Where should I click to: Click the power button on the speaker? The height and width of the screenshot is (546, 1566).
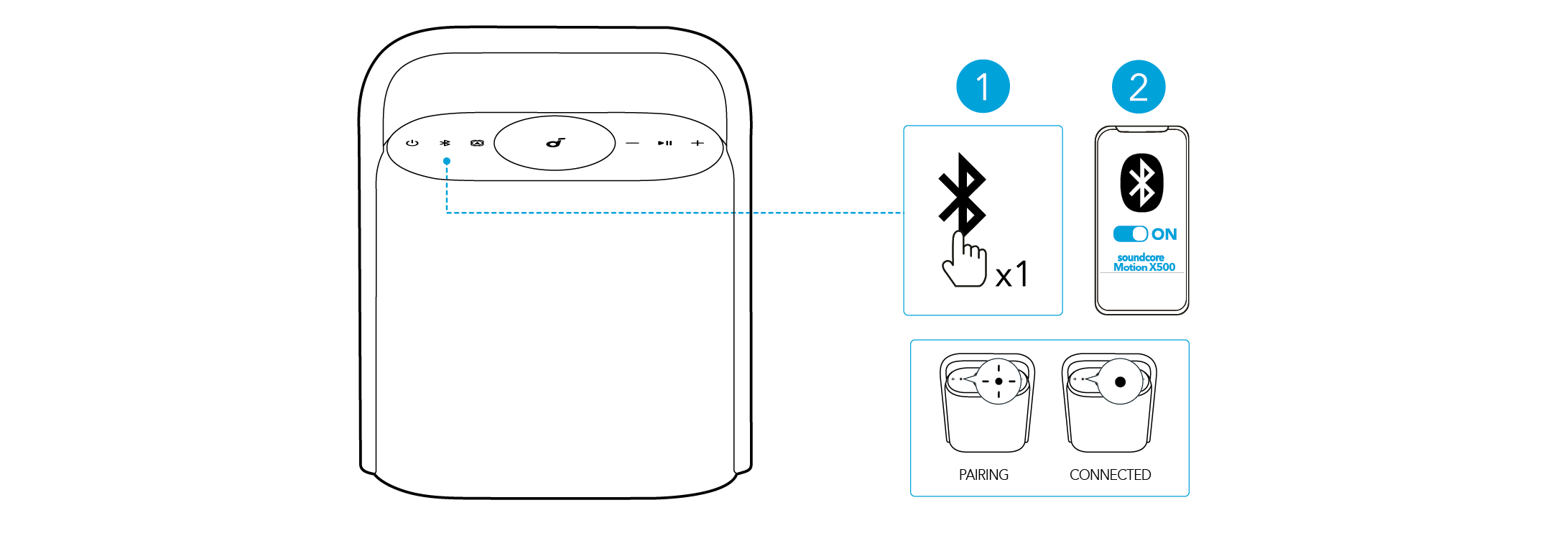click(412, 143)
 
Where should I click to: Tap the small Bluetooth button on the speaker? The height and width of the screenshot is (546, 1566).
click(445, 143)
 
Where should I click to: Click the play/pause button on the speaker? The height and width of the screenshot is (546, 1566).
click(665, 143)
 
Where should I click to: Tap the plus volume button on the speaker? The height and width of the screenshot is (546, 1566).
click(697, 143)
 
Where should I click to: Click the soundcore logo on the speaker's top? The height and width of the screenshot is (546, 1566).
click(555, 142)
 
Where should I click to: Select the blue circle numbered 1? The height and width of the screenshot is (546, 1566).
click(983, 87)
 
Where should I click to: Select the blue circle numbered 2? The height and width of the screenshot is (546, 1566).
click(1139, 87)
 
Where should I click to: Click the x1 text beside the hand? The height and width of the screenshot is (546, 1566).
click(1012, 274)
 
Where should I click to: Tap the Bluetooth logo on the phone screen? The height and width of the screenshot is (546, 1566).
click(1141, 182)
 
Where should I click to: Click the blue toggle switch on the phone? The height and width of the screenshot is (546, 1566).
click(1131, 234)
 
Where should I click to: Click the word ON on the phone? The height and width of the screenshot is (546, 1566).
click(1164, 234)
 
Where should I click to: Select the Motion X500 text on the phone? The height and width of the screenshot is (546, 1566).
click(1144, 267)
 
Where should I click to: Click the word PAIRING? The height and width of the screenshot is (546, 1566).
click(983, 475)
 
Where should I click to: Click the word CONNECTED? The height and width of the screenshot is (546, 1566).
click(1110, 475)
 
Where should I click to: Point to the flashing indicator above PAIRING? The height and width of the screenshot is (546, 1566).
click(999, 381)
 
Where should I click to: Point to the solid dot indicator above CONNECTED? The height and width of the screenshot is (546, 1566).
click(1120, 381)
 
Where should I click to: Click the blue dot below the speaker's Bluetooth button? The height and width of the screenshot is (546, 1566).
click(447, 161)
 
